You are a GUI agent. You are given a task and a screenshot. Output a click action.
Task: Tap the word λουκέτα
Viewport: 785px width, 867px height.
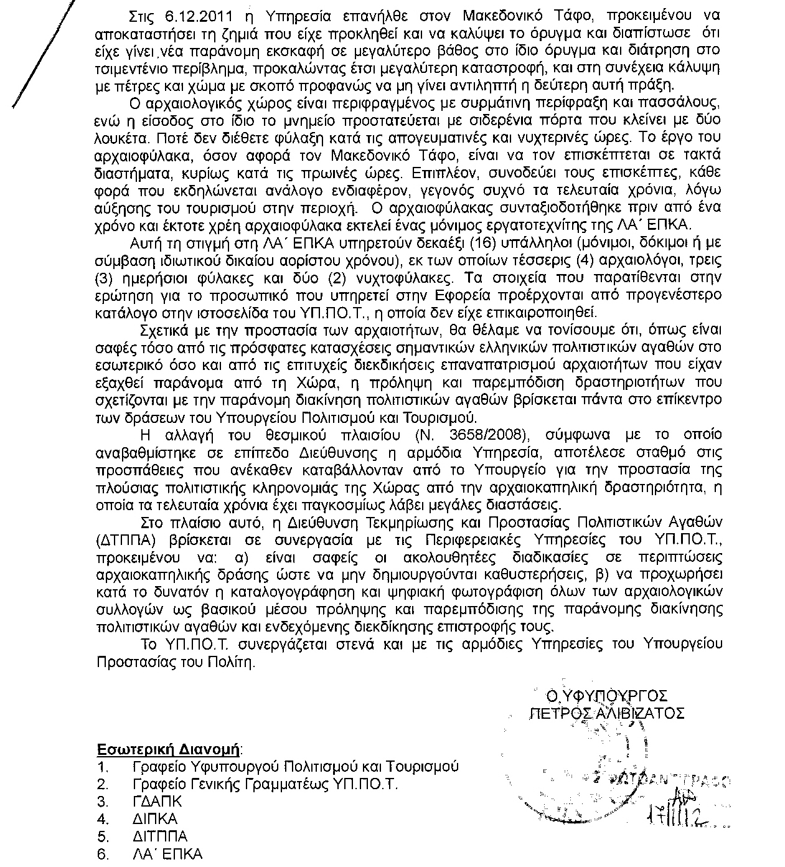click(x=123, y=136)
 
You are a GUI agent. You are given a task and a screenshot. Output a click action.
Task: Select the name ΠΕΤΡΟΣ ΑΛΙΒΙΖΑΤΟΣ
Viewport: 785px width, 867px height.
click(x=606, y=713)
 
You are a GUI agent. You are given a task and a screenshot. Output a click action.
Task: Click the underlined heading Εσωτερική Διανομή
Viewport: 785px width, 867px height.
click(x=169, y=749)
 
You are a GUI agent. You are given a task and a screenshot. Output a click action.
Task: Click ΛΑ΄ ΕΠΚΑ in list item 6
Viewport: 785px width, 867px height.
click(x=167, y=854)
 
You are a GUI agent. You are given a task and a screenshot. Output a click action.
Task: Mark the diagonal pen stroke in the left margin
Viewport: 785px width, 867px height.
click(x=39, y=56)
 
